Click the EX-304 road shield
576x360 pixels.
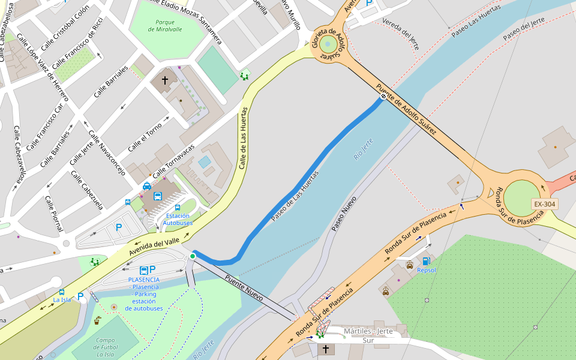545,204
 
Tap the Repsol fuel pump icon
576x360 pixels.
426,261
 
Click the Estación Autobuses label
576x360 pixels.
178,219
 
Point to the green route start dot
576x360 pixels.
193,256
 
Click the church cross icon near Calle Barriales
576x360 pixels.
165,80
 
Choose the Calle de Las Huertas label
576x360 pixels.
244,138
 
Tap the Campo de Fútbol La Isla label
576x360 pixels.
106,347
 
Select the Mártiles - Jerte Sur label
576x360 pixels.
368,335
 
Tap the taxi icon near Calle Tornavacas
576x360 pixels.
147,186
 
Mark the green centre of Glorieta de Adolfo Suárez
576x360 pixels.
328,44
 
